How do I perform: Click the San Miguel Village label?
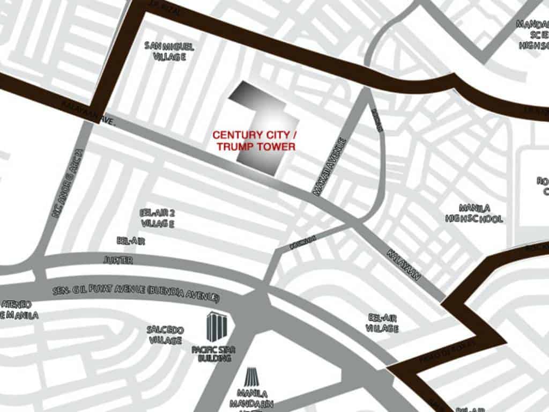click(169, 51)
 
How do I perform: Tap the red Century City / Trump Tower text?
click(254, 140)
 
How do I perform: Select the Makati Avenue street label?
click(330, 167)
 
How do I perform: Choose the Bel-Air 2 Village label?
click(157, 218)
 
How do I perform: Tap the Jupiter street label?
click(117, 260)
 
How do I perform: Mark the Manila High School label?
click(473, 213)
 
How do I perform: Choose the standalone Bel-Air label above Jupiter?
click(130, 241)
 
